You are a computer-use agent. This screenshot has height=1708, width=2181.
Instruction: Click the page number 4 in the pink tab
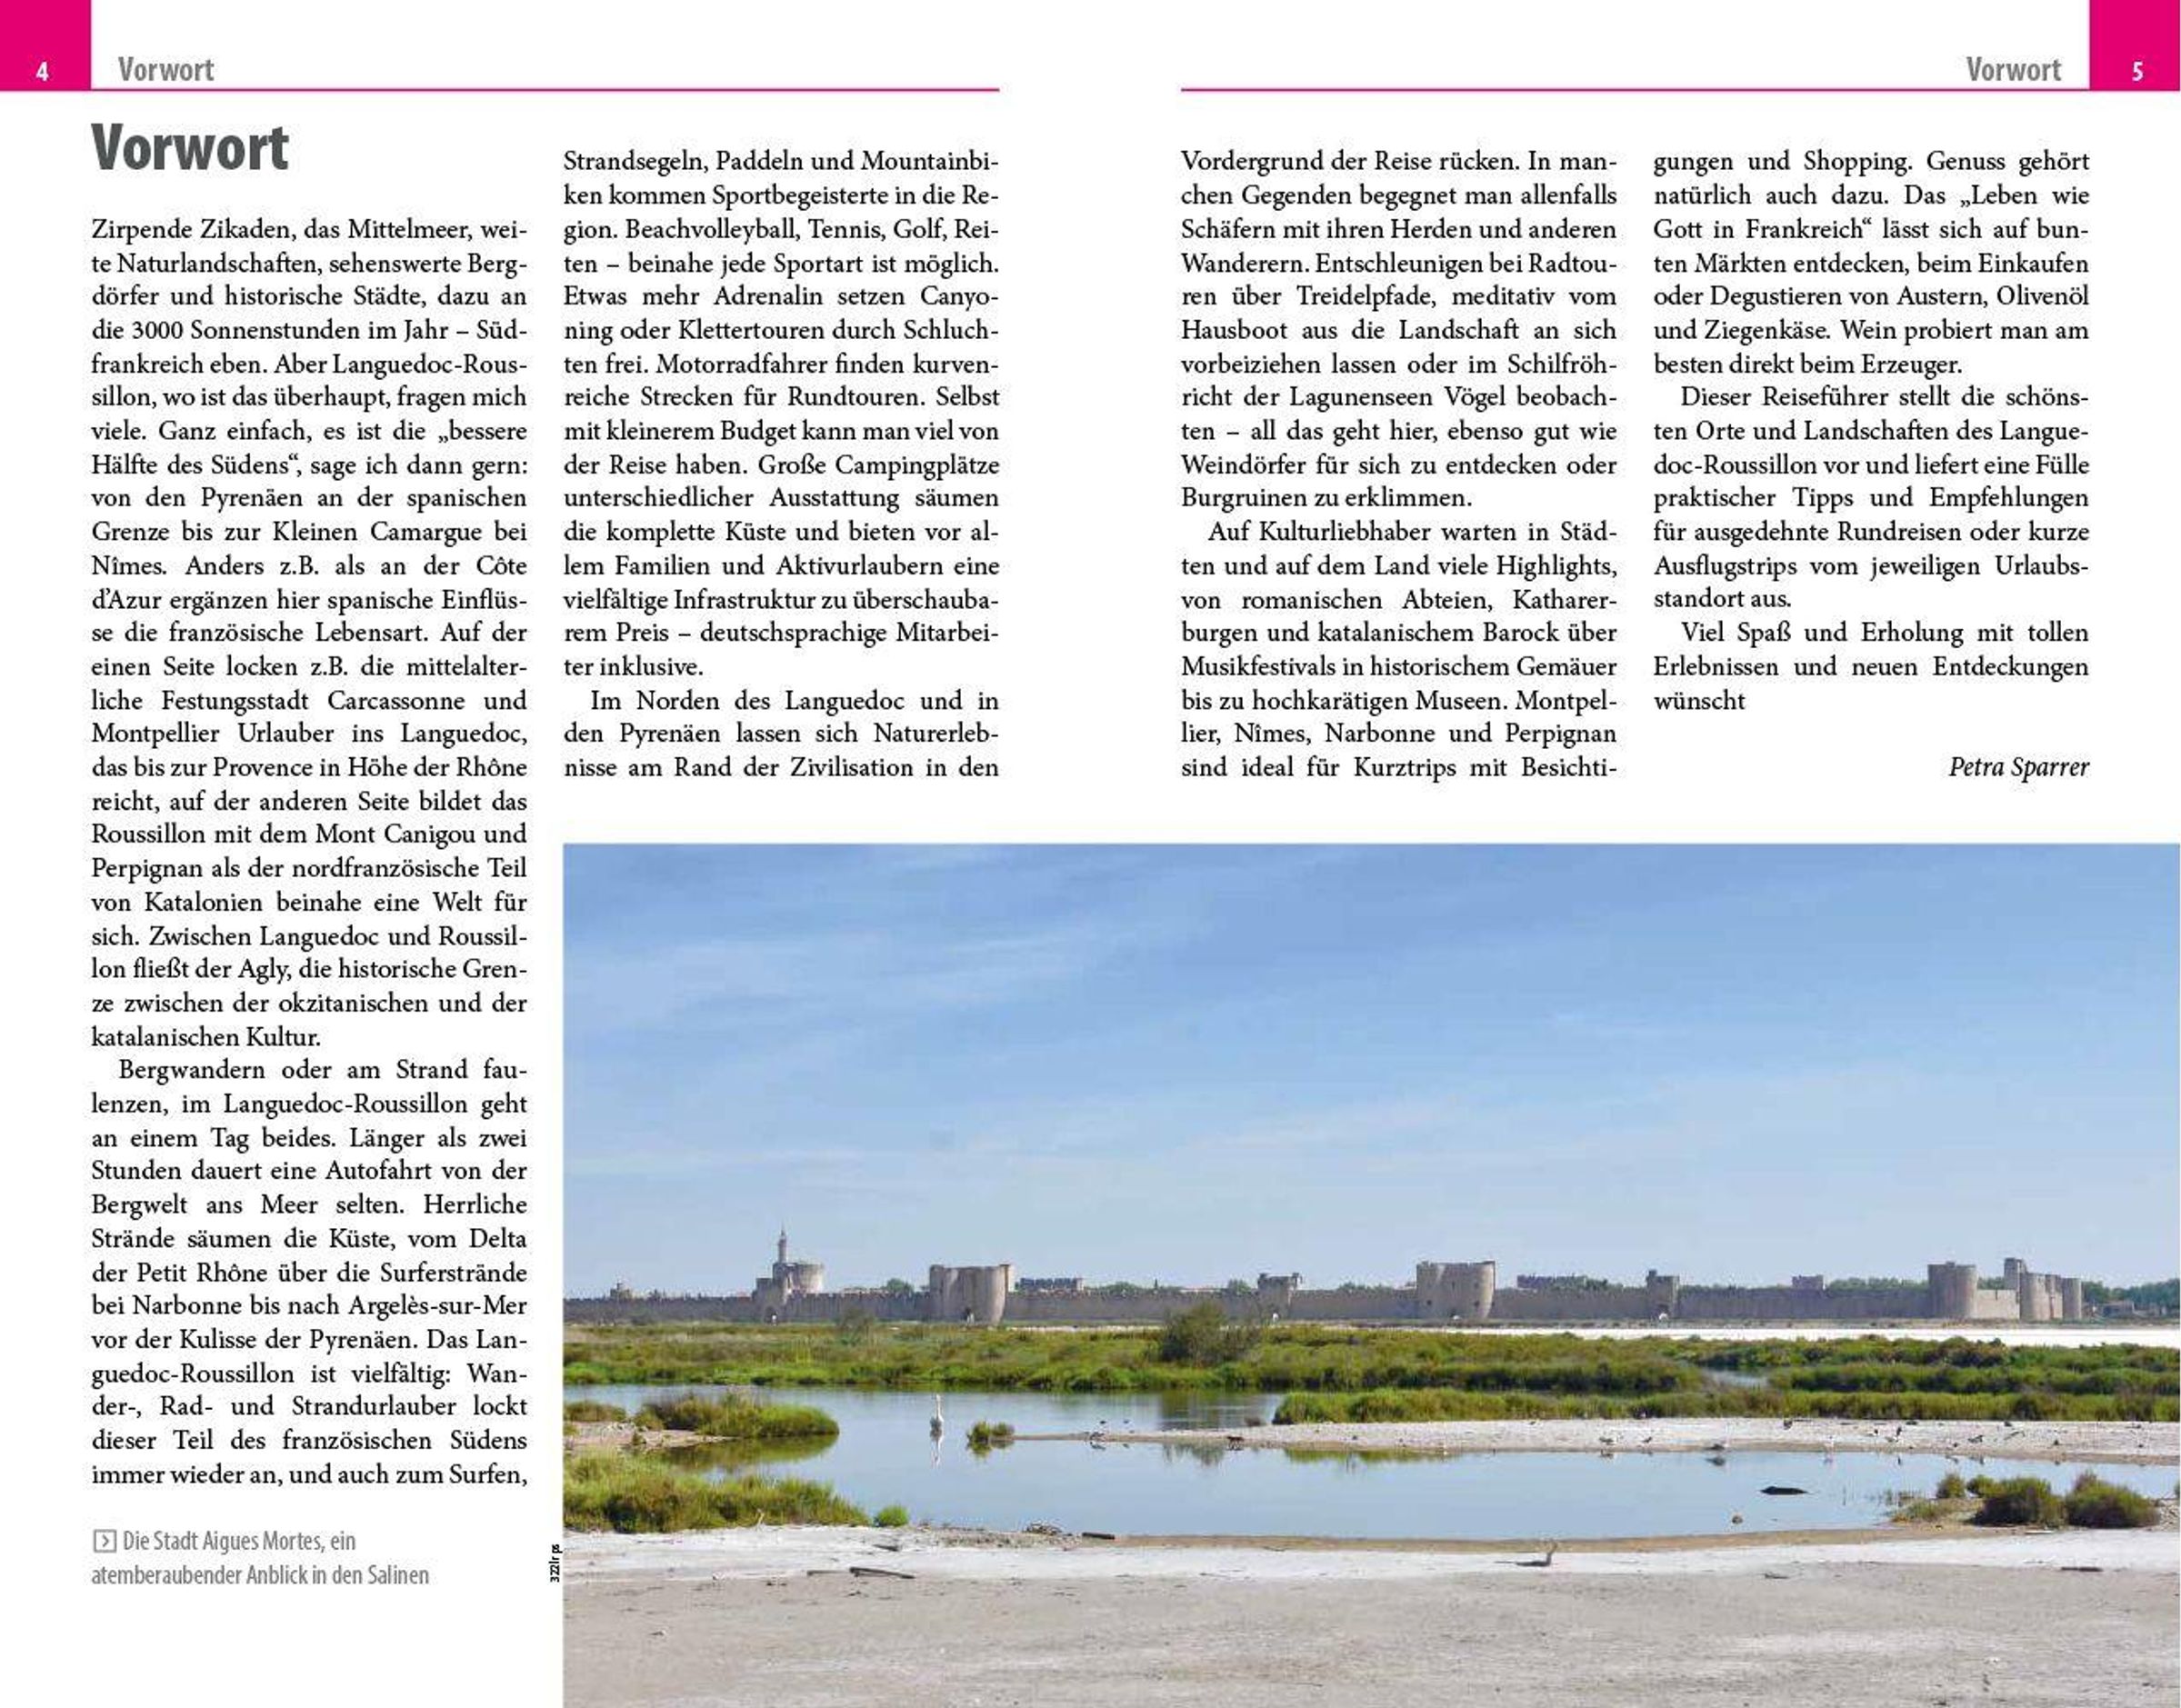42,71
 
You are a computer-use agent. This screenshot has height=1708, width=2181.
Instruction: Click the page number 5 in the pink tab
2137,71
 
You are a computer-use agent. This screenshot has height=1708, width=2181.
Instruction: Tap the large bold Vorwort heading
190,149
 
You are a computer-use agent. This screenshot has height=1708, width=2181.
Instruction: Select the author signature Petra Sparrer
2018,767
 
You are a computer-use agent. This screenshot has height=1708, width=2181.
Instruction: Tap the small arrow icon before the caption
103,1541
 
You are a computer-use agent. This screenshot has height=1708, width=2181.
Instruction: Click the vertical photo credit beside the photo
555,1564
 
